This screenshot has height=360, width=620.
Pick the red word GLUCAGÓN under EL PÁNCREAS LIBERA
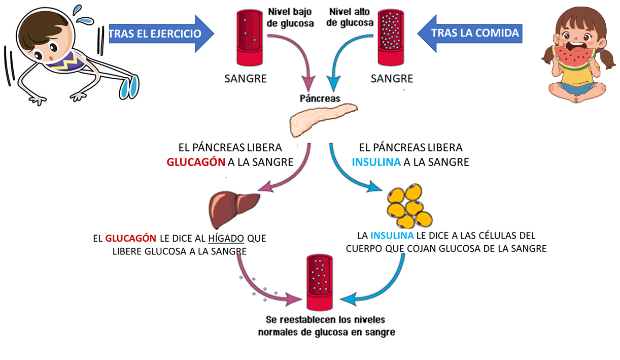coord(196,162)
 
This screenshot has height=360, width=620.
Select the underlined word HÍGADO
coord(226,238)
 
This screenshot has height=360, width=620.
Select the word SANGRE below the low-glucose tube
coord(246,79)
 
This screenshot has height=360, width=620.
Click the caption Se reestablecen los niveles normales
coord(326,326)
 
